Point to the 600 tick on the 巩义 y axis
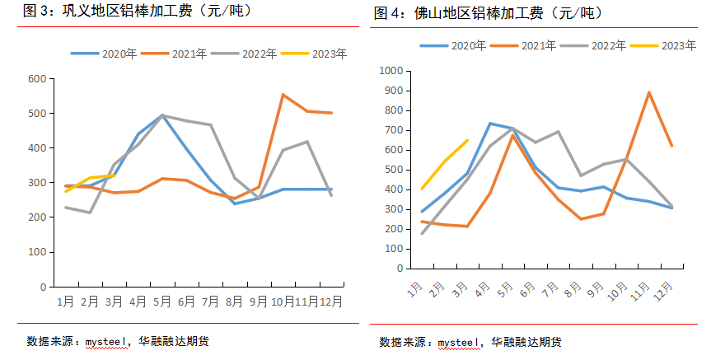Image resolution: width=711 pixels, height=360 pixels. click(x=36, y=79)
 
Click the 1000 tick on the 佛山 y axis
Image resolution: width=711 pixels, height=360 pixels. click(x=389, y=72)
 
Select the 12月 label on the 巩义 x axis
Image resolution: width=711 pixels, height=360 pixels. click(x=330, y=302)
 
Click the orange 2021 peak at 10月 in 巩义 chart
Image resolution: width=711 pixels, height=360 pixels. click(x=283, y=95)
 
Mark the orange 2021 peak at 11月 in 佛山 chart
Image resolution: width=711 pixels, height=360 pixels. click(x=649, y=92)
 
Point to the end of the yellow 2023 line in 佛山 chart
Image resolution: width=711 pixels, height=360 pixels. click(x=467, y=140)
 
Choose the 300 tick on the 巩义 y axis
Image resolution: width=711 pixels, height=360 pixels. click(x=36, y=183)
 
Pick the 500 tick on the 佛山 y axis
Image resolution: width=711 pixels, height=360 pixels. click(x=391, y=170)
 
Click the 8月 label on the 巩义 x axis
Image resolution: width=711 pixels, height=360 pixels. click(x=234, y=302)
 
